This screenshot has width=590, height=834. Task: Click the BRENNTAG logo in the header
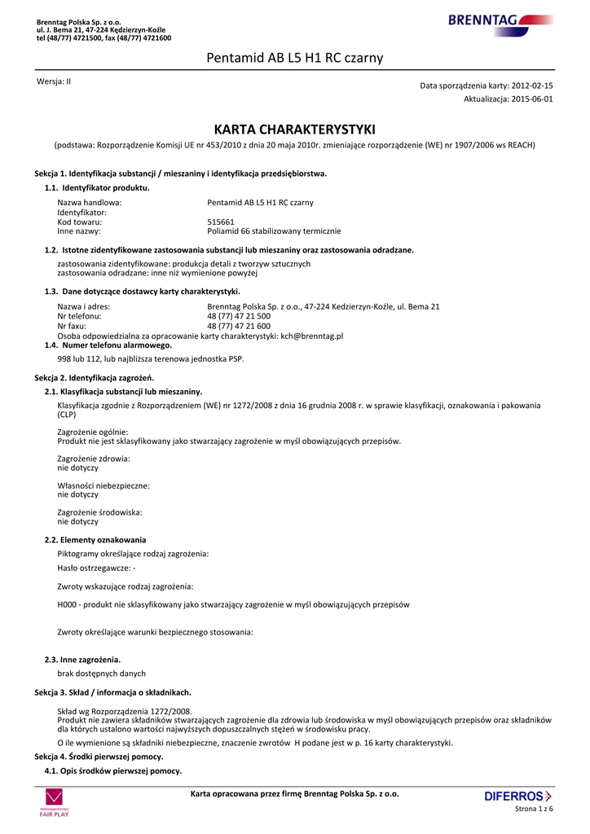[500, 20]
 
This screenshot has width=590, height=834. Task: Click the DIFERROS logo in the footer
[518, 796]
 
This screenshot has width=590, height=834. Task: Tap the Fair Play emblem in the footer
[55, 801]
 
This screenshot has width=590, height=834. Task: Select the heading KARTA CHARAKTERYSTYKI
[294, 129]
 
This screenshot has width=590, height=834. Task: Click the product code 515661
[221, 222]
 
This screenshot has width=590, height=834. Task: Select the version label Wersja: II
[54, 82]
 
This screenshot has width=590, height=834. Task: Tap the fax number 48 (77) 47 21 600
[239, 326]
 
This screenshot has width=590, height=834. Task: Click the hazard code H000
[67, 605]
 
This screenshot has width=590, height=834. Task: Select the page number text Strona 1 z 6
[535, 809]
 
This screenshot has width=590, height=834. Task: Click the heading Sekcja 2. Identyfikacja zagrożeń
[94, 378]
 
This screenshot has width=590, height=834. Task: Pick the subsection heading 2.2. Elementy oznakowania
[95, 539]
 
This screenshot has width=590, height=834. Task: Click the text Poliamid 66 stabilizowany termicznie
[275, 231]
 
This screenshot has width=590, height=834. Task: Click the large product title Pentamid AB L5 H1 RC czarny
[294, 58]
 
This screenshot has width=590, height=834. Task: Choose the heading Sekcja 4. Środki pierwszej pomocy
[99, 757]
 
